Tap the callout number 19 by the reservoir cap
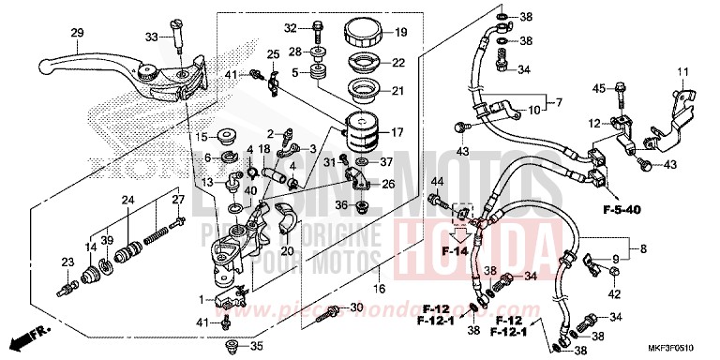(400, 33)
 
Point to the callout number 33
(153, 37)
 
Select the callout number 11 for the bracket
(683, 71)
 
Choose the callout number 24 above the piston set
(127, 200)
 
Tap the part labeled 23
(67, 277)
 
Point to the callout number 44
(436, 181)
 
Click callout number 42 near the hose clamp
(615, 295)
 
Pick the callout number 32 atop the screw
(291, 26)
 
